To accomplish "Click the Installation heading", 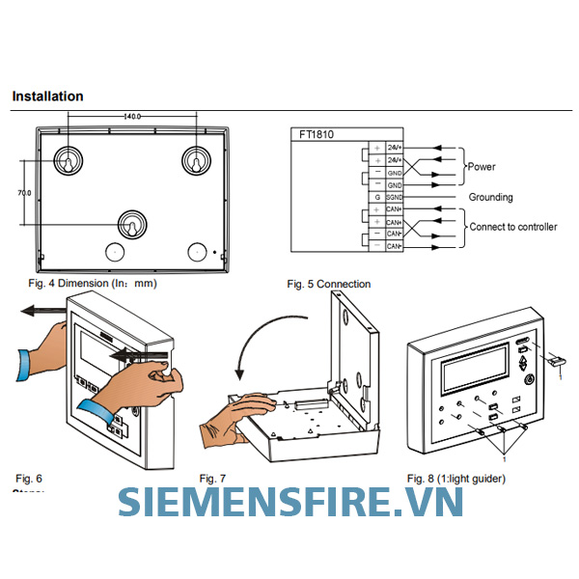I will click(47, 96).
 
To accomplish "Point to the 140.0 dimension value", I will click(133, 117).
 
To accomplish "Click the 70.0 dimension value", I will click(24, 193).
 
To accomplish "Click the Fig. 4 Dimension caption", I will click(93, 284).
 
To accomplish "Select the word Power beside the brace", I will click(482, 167).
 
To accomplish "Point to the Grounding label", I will click(490, 198).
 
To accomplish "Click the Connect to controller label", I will click(512, 227).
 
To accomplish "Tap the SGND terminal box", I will click(394, 197).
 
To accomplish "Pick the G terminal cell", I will click(377, 197).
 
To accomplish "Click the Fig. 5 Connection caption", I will click(328, 284).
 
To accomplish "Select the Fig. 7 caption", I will click(212, 479).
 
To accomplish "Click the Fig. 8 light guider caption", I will click(455, 479).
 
